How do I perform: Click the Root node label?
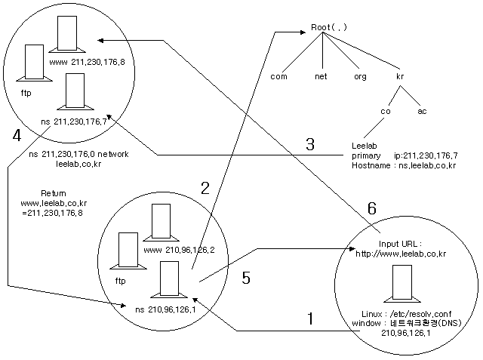point(328,27)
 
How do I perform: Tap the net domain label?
point(321,76)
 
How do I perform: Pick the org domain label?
point(360,76)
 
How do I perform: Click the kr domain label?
point(401,76)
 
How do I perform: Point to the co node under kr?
point(385,111)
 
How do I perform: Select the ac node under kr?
point(423,111)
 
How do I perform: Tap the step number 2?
point(204,189)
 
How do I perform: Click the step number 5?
point(245,278)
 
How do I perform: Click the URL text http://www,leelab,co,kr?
point(401,254)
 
